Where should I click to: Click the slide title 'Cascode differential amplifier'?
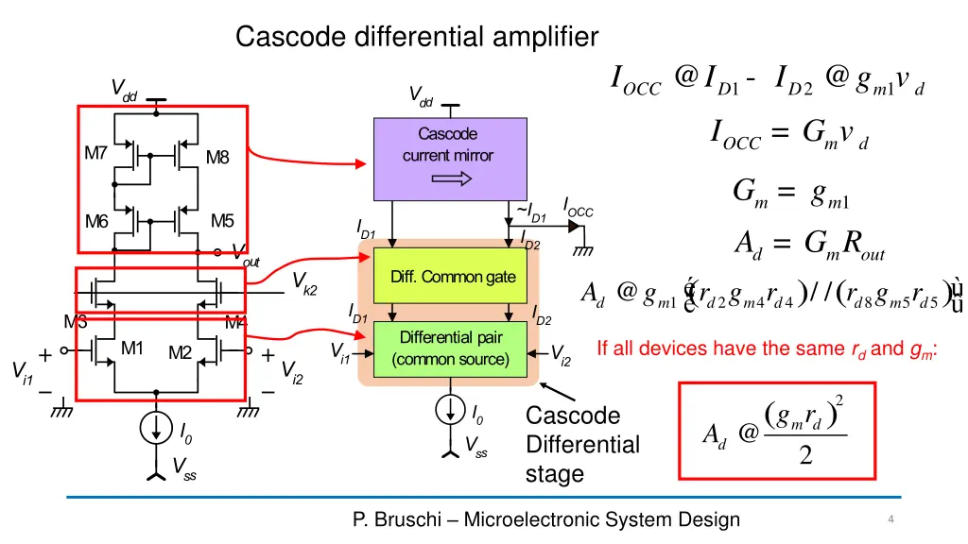point(417,38)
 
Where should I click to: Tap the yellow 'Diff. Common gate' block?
point(453,277)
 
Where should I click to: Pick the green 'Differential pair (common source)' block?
point(453,348)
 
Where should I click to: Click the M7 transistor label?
point(95,153)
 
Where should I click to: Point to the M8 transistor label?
point(217,158)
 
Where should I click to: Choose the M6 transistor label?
point(96,222)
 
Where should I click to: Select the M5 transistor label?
point(222,221)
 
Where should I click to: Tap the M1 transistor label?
point(131,348)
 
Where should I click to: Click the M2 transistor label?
point(180,353)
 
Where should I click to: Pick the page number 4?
point(891,519)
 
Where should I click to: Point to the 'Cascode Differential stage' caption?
point(581,445)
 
